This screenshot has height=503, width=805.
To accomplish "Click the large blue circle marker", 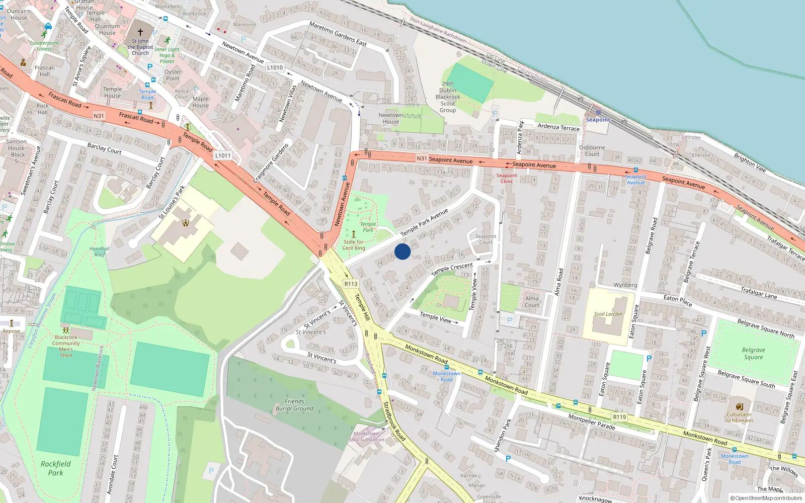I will pyautogui.click(x=403, y=251).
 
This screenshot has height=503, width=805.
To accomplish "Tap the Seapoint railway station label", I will pyautogui.click(x=598, y=120).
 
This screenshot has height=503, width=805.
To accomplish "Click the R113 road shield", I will pyautogui.click(x=351, y=284).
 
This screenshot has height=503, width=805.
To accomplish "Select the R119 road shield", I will pyautogui.click(x=619, y=417).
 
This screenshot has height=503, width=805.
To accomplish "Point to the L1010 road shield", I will pyautogui.click(x=275, y=67).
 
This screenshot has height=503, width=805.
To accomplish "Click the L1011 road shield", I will pyautogui.click(x=223, y=155).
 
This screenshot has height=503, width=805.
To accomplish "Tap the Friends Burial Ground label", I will pyautogui.click(x=294, y=405).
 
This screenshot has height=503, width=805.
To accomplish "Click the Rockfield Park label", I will pyautogui.click(x=55, y=468).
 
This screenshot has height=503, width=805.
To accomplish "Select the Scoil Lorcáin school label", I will pyautogui.click(x=608, y=314).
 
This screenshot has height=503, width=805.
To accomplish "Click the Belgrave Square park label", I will pyautogui.click(x=753, y=354).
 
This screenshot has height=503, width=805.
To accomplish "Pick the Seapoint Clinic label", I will pyautogui.click(x=507, y=179).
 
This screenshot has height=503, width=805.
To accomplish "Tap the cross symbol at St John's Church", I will pyautogui.click(x=140, y=32).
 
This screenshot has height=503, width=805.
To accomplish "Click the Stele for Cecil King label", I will pyautogui.click(x=354, y=245).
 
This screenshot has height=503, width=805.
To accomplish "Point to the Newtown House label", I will pyautogui.click(x=390, y=118).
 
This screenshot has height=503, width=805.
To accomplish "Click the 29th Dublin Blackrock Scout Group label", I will pyautogui.click(x=448, y=97).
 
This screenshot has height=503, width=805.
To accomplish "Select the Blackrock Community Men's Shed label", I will pyautogui.click(x=66, y=346).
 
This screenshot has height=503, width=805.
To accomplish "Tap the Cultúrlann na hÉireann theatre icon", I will pyautogui.click(x=739, y=406).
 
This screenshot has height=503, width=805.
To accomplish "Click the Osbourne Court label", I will pyautogui.click(x=592, y=151).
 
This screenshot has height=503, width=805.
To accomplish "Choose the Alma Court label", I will pyautogui.click(x=532, y=302).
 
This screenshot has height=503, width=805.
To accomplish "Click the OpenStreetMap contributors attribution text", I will pyautogui.click(x=766, y=498).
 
